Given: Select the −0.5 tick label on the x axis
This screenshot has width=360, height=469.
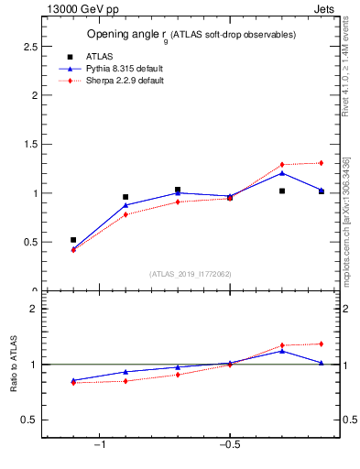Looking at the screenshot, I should point(229,445).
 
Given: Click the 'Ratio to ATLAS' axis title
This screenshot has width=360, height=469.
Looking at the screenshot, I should point(14,365).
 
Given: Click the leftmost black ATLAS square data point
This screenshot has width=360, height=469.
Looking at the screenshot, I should point(73,240).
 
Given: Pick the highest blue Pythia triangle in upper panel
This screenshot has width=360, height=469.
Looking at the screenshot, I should point(282,172).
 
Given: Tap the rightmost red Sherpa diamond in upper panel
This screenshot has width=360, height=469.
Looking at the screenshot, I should point(321,163).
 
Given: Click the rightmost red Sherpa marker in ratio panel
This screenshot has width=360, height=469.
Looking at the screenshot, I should point(321,344).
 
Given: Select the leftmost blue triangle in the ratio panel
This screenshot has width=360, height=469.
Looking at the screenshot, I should point(73,380).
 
